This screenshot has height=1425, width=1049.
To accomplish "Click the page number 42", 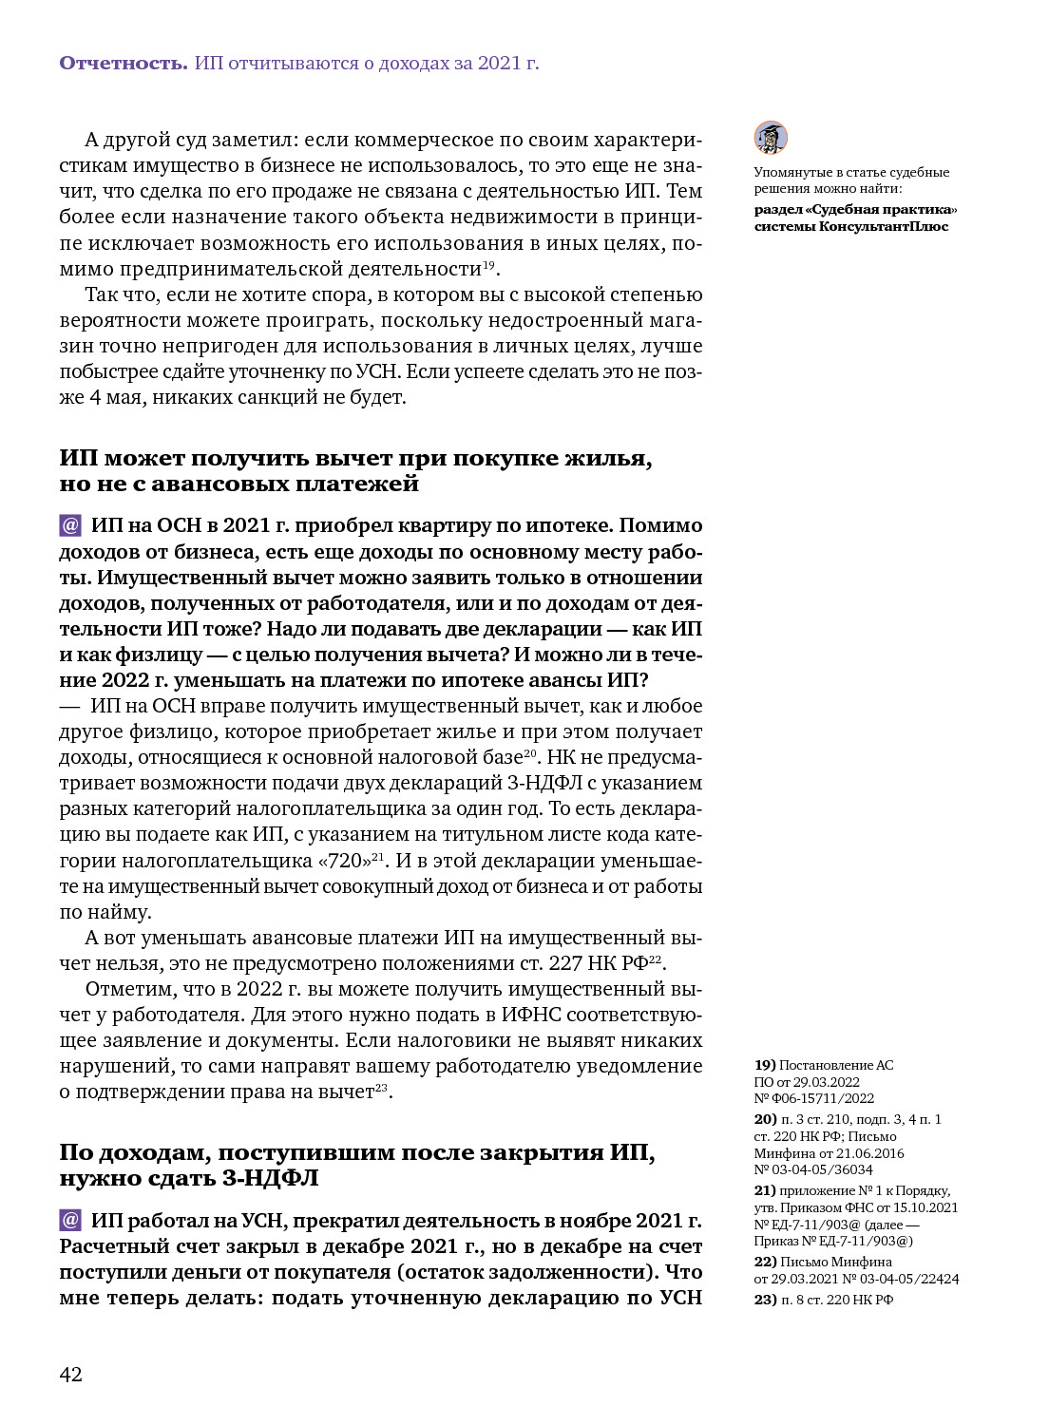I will [x=71, y=1374].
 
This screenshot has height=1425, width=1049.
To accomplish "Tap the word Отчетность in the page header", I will [x=123, y=64].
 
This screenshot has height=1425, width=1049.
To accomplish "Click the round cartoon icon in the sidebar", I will [x=771, y=138].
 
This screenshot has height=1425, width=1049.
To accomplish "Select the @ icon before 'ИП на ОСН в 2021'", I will [x=70, y=525].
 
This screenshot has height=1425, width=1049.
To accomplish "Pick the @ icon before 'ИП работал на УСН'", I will [x=70, y=1220].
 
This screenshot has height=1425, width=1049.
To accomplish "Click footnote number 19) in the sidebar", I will [x=765, y=1065].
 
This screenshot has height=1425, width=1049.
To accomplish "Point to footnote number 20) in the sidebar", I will [x=765, y=1119].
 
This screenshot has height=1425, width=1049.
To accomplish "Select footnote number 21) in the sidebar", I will [x=765, y=1190].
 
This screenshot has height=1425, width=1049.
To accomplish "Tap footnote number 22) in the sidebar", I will [x=765, y=1262].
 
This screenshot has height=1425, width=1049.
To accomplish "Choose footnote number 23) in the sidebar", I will [x=765, y=1300].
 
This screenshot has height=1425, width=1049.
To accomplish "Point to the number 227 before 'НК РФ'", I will [x=565, y=963].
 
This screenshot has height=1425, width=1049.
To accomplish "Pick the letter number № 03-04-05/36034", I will [x=813, y=1169].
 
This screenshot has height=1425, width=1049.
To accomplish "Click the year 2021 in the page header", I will [x=500, y=64].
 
